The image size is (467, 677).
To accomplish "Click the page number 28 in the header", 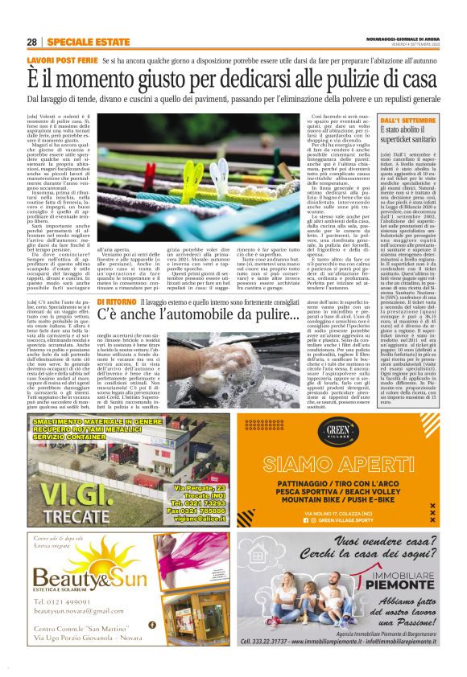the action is [31, 42].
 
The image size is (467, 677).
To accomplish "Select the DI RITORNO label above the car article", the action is [122, 323].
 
